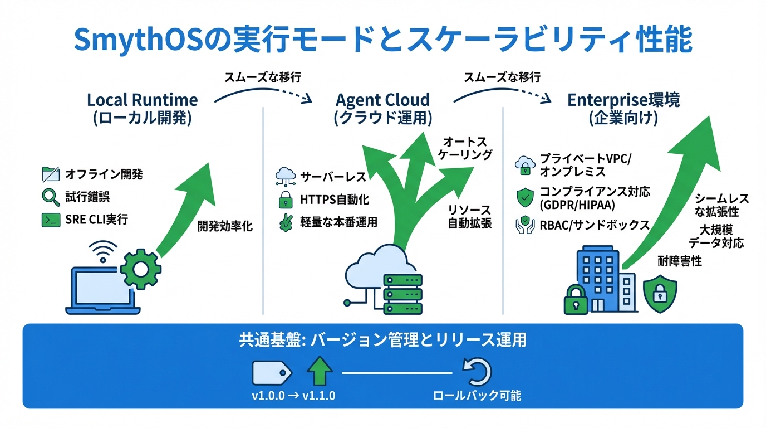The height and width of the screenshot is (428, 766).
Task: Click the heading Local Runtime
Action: [142, 100]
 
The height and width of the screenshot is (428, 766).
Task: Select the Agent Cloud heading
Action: [382, 100]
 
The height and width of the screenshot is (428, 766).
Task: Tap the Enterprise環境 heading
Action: [623, 100]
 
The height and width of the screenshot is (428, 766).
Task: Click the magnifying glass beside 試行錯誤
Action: [51, 197]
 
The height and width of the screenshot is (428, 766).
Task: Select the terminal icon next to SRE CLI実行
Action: [51, 220]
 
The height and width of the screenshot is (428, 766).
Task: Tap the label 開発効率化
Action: [225, 227]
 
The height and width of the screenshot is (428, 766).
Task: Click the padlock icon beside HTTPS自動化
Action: [285, 200]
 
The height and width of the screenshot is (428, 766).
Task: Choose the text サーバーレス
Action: [333, 177]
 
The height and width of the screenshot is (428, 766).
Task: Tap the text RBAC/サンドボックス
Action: [595, 225]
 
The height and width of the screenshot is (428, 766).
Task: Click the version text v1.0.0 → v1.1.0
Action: [293, 396]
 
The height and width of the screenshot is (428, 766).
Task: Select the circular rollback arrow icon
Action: [477, 372]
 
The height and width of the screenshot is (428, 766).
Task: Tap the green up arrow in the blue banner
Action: [320, 372]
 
